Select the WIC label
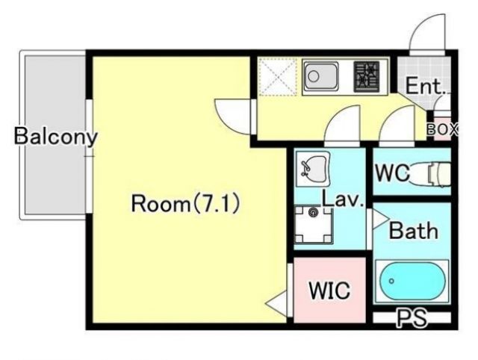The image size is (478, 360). pos(329,290)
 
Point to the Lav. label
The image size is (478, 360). pos(342,200)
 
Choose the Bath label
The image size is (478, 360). pos(413,231)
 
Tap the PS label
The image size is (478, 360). pos(411,320)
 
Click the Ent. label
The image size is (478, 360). pos(425,86)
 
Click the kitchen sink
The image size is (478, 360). pos(321,76)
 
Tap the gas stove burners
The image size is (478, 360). pos(367,76)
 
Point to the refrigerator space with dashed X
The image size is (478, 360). pos(276,76)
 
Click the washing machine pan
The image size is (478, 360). pos(312,223)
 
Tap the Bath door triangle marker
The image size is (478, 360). pos(378,220)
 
